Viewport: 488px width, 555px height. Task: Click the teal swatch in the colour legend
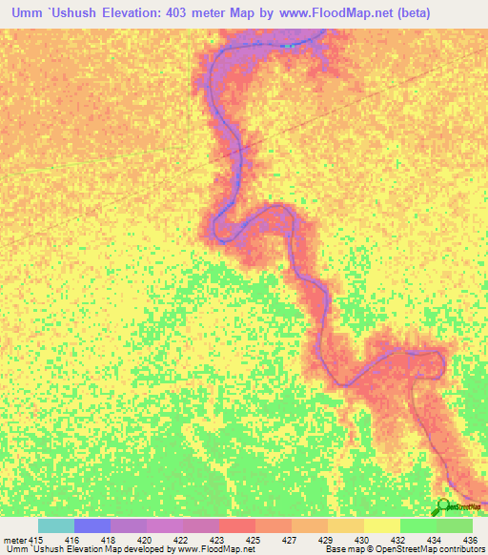(56, 525)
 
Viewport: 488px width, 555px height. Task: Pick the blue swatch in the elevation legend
(92, 525)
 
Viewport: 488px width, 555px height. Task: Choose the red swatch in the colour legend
(237, 525)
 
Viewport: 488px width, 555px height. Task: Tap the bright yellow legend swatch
(382, 525)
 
